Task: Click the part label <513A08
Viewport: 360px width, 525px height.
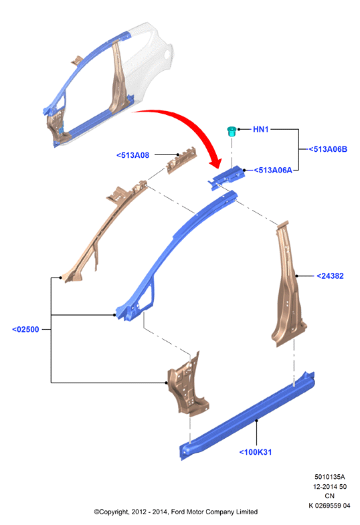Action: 132,155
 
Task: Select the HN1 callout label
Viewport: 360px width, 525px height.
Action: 260,129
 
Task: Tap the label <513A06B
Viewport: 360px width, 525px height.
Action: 328,149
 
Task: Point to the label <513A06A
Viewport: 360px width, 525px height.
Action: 273,170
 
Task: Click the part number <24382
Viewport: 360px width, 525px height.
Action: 330,276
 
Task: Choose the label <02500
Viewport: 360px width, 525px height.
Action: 25,330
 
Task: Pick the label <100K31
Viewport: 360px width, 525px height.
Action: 256,452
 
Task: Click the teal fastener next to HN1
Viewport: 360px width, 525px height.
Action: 232,131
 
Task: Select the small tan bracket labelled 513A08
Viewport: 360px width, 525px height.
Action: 182,160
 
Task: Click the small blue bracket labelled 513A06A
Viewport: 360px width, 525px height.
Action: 226,177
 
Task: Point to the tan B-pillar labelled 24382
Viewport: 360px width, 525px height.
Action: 288,285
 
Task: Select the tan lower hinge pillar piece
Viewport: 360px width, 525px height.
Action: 187,385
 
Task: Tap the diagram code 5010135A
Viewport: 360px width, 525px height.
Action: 329,477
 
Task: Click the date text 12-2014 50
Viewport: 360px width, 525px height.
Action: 329,486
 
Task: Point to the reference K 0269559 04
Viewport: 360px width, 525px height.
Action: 329,506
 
